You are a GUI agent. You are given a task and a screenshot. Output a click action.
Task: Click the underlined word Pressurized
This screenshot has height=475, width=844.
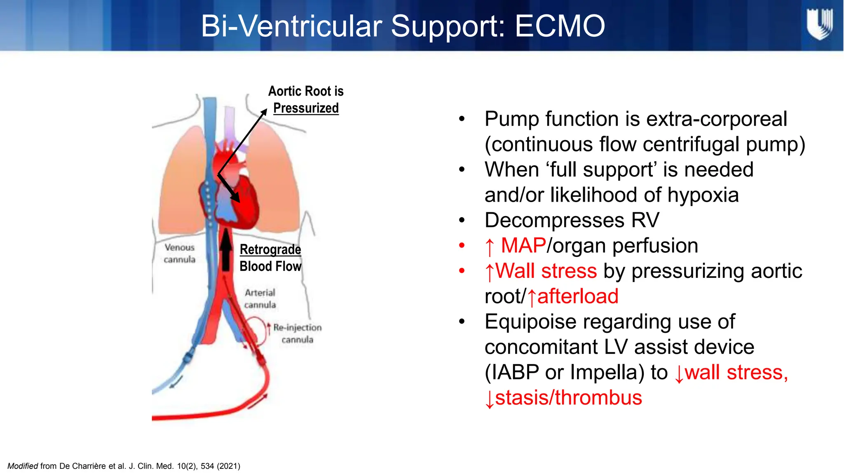tap(306, 108)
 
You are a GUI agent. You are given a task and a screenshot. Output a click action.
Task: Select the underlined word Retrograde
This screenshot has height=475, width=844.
tap(270, 249)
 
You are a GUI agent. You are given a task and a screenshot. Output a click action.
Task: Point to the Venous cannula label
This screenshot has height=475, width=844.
tap(179, 253)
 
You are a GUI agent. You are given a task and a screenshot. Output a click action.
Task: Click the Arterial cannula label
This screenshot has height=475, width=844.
tap(260, 299)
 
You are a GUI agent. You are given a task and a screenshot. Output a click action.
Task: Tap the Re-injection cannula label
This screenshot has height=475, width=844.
tap(297, 333)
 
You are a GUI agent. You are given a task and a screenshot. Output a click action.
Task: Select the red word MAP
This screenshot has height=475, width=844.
tap(523, 246)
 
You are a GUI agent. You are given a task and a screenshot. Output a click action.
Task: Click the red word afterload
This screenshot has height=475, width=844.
tap(578, 296)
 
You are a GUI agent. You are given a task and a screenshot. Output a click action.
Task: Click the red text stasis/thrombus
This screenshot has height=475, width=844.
tap(568, 398)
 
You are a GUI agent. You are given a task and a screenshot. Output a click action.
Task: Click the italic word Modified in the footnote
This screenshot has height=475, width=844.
tap(23, 466)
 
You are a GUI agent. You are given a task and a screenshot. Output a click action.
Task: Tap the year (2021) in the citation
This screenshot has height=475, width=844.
tap(229, 466)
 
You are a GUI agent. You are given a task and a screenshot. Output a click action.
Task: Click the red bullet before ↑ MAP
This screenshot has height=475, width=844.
tap(462, 246)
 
